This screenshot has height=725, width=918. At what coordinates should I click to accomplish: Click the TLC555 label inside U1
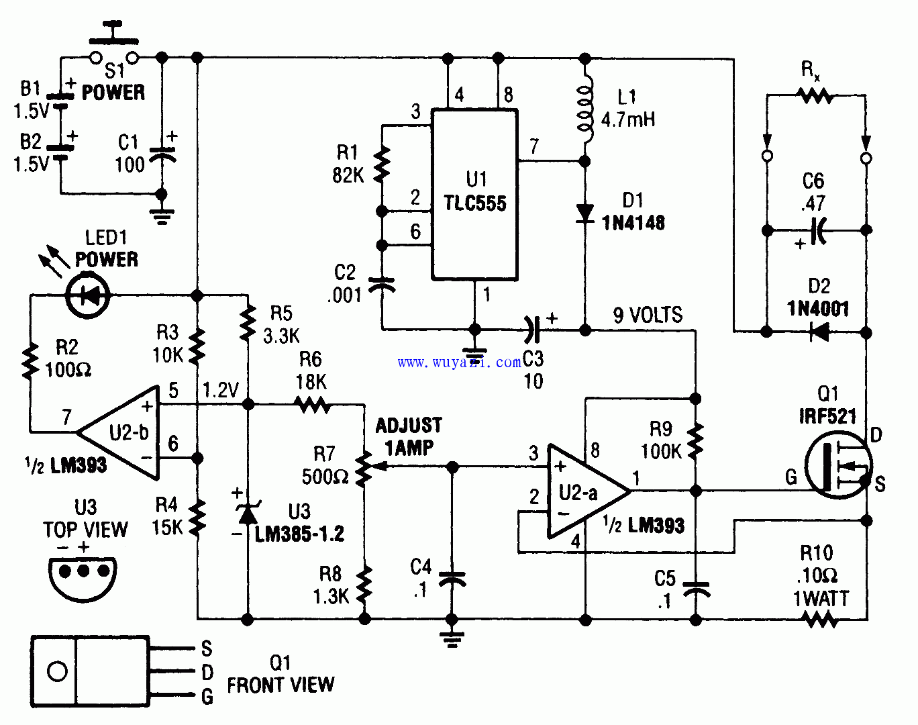pyautogui.click(x=475, y=203)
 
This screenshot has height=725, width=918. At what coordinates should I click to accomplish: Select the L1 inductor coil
pyautogui.click(x=584, y=111)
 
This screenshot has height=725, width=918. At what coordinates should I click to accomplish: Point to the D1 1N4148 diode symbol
pyautogui.click(x=585, y=213)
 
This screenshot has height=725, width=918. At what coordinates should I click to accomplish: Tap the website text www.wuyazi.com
pyautogui.click(x=459, y=362)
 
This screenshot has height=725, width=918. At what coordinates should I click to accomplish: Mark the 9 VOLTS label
pyautogui.click(x=648, y=315)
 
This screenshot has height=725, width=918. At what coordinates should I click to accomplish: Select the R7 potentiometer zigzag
pyautogui.click(x=364, y=469)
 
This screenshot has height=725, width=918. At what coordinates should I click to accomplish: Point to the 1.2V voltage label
pyautogui.click(x=221, y=390)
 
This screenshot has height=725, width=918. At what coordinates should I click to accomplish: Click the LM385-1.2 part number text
pyautogui.click(x=299, y=534)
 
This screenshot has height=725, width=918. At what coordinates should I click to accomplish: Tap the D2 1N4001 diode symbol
pyautogui.click(x=818, y=331)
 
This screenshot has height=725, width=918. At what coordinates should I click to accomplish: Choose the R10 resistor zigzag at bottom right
pyautogui.click(x=820, y=619)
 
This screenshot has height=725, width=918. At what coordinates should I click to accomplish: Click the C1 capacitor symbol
pyautogui.click(x=162, y=156)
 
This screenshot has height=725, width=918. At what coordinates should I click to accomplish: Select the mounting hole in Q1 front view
pyautogui.click(x=57, y=671)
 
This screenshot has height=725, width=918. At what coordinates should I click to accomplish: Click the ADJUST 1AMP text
pyautogui.click(x=409, y=436)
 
